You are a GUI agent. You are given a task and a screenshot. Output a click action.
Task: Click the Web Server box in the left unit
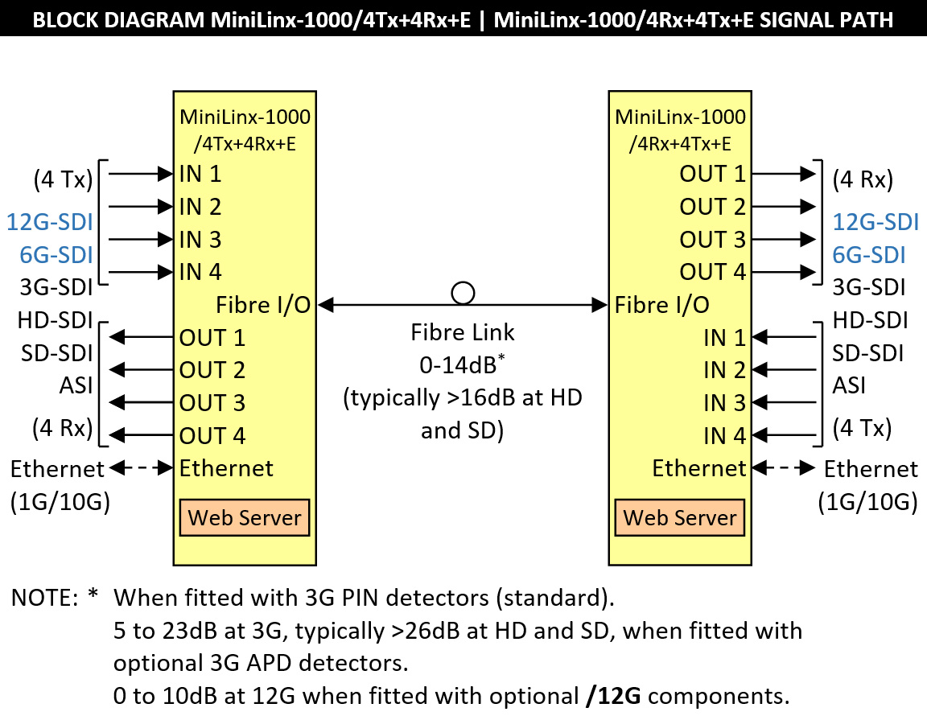tap(245, 516)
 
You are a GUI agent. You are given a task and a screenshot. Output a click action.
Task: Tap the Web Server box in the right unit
tap(680, 516)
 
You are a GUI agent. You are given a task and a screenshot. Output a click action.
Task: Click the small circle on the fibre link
tap(463, 293)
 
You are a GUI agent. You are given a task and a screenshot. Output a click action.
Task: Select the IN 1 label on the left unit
tap(201, 174)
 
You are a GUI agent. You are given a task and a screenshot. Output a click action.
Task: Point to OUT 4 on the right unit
tap(713, 272)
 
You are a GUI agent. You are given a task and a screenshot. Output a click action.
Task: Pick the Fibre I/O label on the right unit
tap(662, 305)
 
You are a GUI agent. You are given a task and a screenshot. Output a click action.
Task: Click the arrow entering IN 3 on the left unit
tap(142, 239)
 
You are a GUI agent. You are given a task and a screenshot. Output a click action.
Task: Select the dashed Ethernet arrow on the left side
tap(142, 467)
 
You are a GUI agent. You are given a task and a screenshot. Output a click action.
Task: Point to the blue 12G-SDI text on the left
tap(50, 222)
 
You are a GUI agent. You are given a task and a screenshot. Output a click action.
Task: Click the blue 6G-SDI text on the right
tap(869, 255)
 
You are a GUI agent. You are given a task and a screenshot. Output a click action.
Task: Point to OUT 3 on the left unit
tap(212, 402)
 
